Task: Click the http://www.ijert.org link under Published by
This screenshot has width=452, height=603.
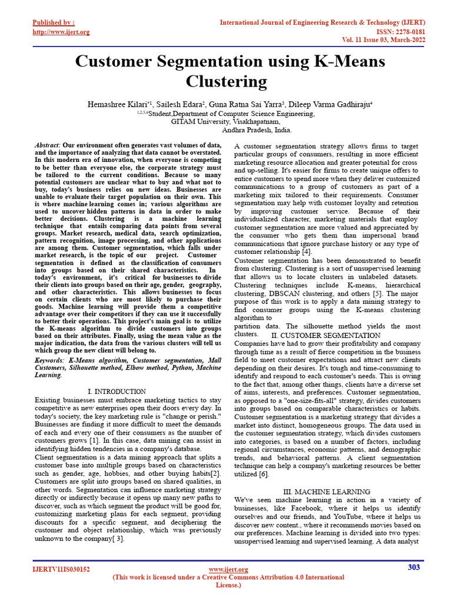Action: click(61, 31)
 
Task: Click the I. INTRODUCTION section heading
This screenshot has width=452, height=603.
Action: click(117, 391)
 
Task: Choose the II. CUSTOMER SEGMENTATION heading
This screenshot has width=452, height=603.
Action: click(325, 335)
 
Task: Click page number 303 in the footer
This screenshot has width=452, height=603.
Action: click(414, 567)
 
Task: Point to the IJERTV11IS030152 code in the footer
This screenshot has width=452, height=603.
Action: click(61, 570)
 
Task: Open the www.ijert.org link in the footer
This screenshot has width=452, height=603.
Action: click(229, 569)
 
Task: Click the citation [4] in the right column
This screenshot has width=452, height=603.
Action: click(307, 251)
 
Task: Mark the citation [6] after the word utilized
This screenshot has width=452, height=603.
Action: click(264, 473)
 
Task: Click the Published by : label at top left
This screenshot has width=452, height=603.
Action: click(53, 22)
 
